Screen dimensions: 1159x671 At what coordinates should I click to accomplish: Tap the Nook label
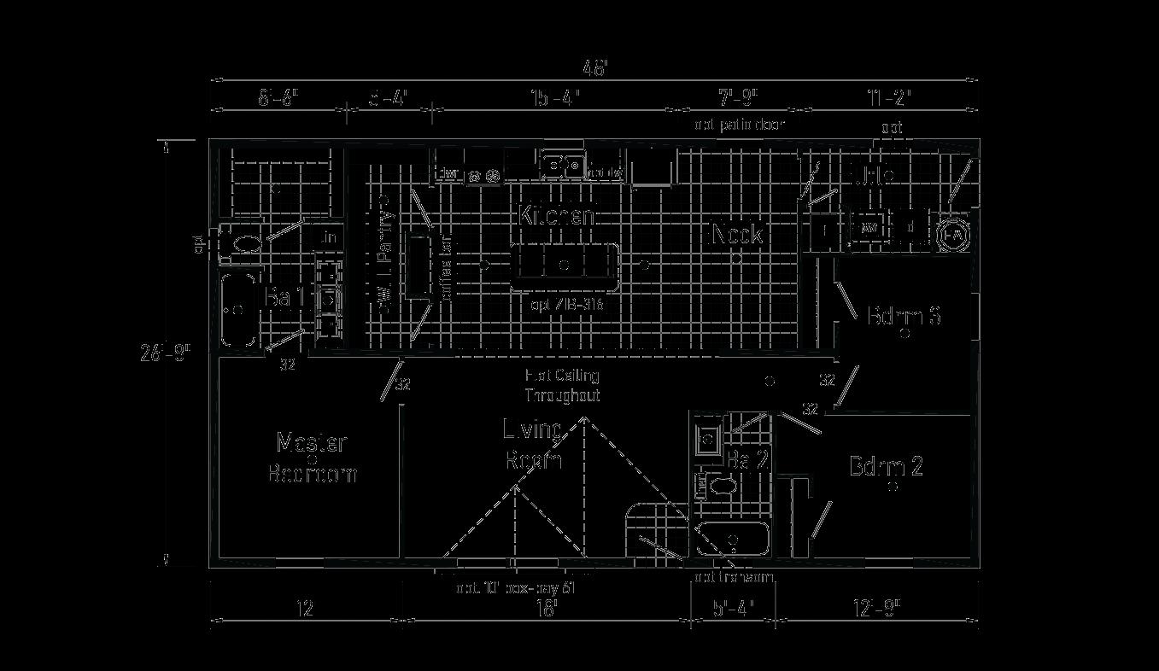(736, 234)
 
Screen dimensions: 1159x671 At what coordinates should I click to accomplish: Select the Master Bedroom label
(312, 458)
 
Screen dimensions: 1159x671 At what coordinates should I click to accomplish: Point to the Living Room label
(533, 445)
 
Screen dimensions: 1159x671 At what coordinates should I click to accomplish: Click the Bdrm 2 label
(886, 467)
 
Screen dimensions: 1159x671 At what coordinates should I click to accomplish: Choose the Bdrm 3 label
(904, 315)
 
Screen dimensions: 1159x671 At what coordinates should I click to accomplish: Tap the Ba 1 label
(285, 298)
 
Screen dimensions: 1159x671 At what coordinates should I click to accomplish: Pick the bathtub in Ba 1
(238, 309)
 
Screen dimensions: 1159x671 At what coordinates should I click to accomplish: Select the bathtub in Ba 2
(733, 540)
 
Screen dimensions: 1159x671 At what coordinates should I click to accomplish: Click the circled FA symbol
(953, 234)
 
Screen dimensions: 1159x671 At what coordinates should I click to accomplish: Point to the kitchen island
(564, 265)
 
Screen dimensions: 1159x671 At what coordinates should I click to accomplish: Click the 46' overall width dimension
(594, 68)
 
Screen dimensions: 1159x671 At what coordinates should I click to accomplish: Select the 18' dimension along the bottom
(547, 609)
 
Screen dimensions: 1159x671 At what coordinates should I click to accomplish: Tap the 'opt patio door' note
(739, 125)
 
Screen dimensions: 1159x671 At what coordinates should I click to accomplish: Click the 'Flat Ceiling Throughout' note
(562, 385)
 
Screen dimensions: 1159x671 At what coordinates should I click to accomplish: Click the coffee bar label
(445, 267)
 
